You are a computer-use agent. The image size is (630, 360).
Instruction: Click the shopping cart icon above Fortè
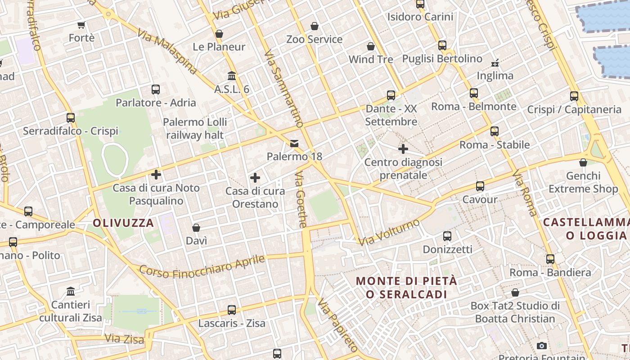[81, 25]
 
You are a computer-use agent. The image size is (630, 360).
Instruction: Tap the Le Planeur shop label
[219, 47]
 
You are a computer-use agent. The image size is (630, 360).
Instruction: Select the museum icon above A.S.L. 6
[232, 76]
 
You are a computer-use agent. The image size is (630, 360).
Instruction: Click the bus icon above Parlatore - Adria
[156, 89]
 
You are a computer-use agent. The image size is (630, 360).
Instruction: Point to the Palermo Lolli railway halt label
[195, 128]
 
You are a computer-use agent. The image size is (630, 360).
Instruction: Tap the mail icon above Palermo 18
[294, 144]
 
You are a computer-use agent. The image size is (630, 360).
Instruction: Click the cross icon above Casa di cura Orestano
[255, 178]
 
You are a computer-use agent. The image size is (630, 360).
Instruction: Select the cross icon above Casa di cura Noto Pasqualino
[156, 174]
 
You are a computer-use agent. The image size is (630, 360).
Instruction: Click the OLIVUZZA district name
[123, 223]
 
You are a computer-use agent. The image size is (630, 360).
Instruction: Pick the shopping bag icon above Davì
[196, 228]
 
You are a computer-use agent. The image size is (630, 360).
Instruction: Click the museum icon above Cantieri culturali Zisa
[71, 292]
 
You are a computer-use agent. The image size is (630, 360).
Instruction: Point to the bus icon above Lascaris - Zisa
[232, 310]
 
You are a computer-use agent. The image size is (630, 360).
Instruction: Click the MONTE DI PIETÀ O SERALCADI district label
[406, 288]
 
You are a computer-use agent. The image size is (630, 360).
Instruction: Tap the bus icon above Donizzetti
[447, 236]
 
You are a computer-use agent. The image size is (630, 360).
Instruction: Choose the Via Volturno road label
[389, 232]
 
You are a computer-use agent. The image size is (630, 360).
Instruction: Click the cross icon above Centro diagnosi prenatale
[403, 148]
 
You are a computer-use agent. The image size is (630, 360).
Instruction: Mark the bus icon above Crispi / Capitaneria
[574, 96]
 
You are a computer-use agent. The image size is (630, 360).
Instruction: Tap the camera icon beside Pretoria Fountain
[542, 346]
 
